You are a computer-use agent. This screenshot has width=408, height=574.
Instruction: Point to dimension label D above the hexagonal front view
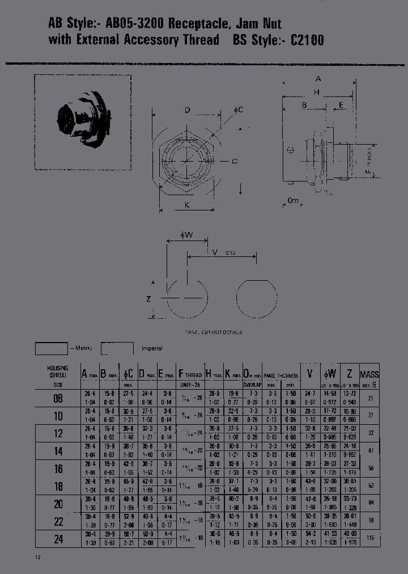click(x=187, y=110)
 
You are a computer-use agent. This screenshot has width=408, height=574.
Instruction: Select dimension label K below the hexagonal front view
click(x=187, y=205)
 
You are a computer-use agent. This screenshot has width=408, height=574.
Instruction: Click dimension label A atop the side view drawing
click(x=318, y=79)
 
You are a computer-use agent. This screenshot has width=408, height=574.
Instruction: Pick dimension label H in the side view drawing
click(x=317, y=92)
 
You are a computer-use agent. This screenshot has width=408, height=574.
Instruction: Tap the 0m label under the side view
click(x=292, y=201)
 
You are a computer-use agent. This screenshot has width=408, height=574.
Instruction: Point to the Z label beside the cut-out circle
click(x=148, y=299)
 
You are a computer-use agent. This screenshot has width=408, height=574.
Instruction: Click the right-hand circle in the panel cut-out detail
click(x=257, y=299)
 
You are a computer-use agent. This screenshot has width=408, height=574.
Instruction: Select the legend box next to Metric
click(x=51, y=348)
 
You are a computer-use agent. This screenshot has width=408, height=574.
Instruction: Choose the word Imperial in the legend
click(x=151, y=348)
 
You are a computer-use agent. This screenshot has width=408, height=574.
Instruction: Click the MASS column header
click(x=369, y=374)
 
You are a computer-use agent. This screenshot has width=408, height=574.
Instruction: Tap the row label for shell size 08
click(x=58, y=398)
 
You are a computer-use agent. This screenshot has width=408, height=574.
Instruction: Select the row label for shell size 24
click(x=58, y=539)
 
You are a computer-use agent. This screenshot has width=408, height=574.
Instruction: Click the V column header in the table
click(x=309, y=373)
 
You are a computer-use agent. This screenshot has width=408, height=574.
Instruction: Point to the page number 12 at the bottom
click(x=38, y=558)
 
